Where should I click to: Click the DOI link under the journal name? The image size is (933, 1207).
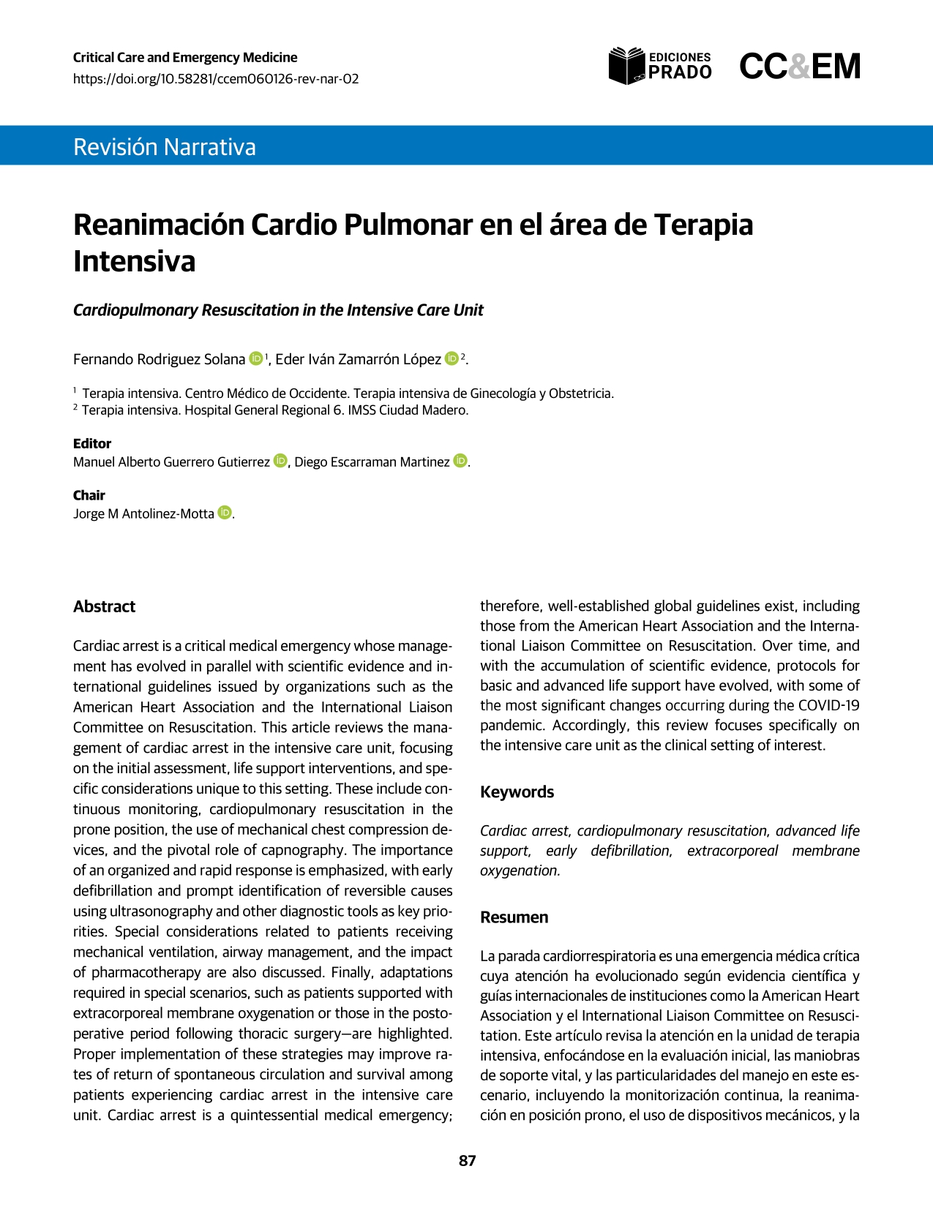click(216, 79)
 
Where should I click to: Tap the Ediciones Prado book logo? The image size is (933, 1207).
click(626, 66)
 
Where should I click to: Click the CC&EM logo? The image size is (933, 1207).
click(799, 67)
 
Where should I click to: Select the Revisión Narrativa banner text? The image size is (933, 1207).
click(165, 147)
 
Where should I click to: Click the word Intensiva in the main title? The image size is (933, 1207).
click(135, 262)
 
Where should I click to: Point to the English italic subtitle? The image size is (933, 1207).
click(278, 310)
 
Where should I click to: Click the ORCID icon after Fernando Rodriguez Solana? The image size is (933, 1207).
click(256, 358)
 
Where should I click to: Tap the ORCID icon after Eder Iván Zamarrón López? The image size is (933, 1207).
click(451, 358)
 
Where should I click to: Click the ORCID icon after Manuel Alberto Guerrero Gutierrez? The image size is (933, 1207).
click(280, 461)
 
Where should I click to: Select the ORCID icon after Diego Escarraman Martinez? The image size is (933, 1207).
click(460, 461)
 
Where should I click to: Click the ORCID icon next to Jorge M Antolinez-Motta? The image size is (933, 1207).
click(225, 513)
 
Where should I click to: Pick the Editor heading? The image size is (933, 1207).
click(92, 443)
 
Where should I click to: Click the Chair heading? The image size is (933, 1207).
click(89, 495)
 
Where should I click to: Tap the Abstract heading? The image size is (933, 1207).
click(104, 606)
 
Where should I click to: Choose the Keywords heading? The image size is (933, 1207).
click(517, 792)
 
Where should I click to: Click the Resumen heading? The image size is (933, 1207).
click(514, 917)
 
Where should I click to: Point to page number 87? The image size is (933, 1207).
click(467, 1161)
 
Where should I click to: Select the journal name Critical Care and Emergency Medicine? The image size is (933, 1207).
click(185, 58)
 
